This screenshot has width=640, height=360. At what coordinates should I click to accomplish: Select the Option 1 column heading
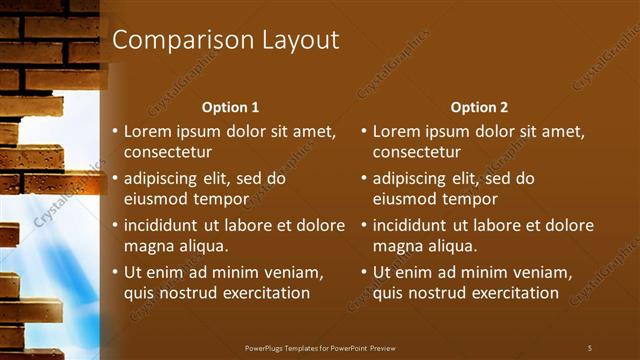[230, 107]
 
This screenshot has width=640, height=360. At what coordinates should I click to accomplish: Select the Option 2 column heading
[479, 107]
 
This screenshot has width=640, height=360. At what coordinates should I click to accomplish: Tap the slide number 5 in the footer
[590, 347]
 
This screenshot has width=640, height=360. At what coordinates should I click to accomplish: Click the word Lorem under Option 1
[147, 131]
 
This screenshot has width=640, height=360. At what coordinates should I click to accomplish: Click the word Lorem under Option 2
[396, 131]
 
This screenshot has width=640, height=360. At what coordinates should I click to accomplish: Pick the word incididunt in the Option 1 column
[164, 226]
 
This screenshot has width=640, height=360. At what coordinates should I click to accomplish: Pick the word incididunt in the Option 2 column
[413, 226]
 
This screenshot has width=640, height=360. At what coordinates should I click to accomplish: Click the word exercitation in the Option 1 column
[263, 293]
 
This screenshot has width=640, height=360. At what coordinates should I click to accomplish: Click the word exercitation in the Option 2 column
[512, 293]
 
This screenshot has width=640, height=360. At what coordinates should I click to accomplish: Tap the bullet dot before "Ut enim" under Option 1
[115, 273]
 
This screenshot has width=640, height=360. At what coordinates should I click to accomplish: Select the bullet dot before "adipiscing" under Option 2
[364, 179]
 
